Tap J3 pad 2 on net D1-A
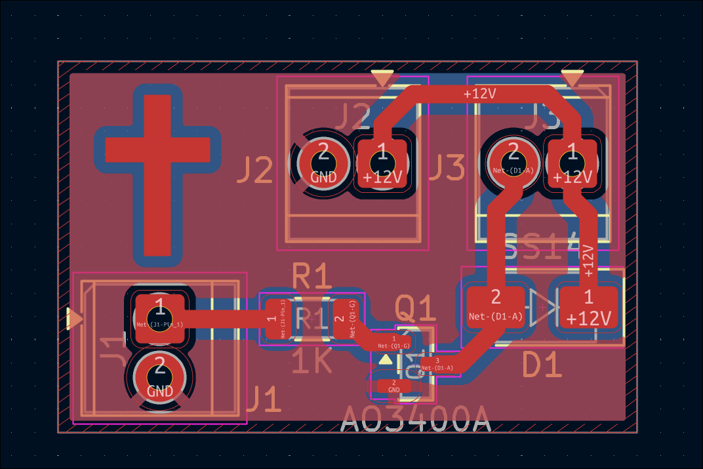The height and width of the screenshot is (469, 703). pos(513,160)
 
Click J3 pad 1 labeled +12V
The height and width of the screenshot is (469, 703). pos(572,161)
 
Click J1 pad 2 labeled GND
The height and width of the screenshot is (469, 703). pos(159,376)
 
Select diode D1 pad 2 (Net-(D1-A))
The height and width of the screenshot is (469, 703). pos(496,307)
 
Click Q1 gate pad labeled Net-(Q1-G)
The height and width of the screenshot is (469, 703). pos(393,341)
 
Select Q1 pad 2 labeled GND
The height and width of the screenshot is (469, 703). pos(393,386)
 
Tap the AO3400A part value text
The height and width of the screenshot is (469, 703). pos(416,419)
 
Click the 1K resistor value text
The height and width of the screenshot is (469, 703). pos(312,362)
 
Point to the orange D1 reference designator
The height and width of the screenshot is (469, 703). pos(542,365)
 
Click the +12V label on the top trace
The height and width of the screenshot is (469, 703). pos(479,94)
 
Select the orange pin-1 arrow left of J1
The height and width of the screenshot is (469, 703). pos(74,319)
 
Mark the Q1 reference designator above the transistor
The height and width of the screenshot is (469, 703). pos(415,308)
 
